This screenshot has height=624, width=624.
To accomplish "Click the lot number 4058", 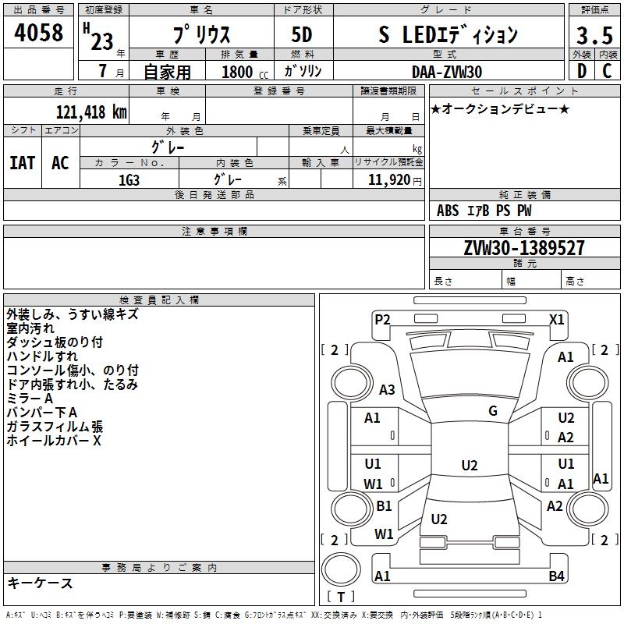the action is point(38,32).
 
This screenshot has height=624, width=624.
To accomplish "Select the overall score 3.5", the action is point(594,35).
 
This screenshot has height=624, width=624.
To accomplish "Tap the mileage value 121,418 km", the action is point(91,112).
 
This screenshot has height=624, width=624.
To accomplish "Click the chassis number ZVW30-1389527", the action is point(524,247).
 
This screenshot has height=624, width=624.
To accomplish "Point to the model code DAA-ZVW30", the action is point(447,72).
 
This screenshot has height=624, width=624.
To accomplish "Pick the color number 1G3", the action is point(129,180).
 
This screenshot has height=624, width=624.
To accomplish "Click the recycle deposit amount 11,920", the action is point(389,180).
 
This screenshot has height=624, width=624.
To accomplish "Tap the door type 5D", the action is point(302,34).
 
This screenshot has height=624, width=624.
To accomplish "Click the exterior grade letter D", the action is point(582,71).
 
